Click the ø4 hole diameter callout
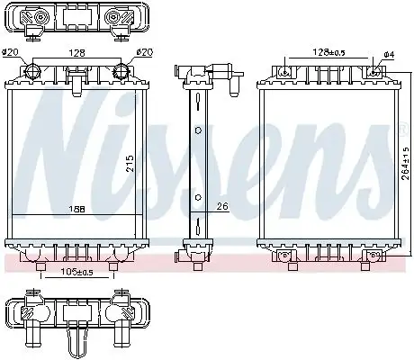pyautogui.click(x=388, y=54)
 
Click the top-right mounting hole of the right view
pyautogui.click(x=373, y=71)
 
